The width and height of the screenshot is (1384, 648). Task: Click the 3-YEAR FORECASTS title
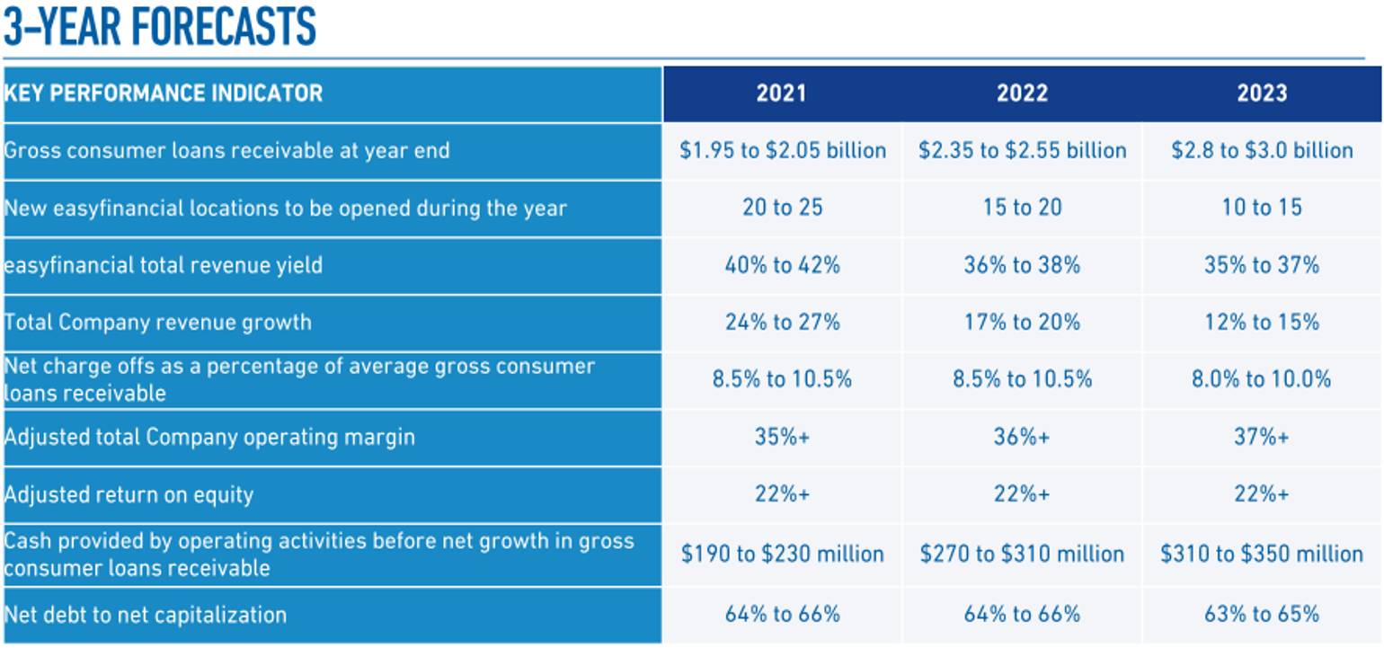point(160,26)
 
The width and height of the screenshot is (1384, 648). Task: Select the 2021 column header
point(781,93)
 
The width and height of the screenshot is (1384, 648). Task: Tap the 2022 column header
point(1022,93)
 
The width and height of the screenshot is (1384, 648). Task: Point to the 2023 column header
point(1262,93)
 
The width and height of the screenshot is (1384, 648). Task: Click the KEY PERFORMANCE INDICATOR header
point(164,93)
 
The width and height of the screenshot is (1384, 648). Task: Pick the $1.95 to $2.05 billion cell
point(783,150)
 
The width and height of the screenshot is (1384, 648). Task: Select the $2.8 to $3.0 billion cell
point(1262,150)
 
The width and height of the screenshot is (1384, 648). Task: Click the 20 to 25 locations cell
point(782,208)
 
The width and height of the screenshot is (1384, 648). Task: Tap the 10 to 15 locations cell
point(1262,208)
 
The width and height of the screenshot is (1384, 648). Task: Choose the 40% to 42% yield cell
point(782,265)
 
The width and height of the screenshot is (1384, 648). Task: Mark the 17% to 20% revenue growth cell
point(1022,322)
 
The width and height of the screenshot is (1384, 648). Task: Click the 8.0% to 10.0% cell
point(1262,379)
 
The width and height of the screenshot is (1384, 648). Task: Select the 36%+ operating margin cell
point(1022,437)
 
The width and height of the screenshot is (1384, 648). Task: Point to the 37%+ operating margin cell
point(1262,437)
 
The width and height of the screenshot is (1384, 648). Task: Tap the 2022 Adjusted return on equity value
point(1022,494)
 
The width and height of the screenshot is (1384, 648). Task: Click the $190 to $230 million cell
point(782,554)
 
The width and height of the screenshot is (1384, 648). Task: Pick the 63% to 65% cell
point(1262,615)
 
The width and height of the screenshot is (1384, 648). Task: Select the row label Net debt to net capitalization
point(146,615)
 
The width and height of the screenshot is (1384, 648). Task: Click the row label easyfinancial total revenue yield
point(164,265)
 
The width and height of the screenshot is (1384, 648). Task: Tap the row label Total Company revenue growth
point(158,322)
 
